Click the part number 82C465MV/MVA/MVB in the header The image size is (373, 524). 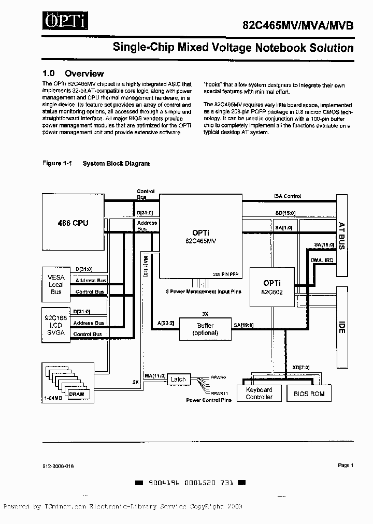(299, 25)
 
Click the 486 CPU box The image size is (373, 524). (73, 223)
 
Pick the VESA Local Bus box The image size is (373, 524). (56, 285)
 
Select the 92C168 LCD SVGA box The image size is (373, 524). (56, 325)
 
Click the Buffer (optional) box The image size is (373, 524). (205, 329)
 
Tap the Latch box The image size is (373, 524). (178, 380)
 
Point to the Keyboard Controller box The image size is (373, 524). (259, 394)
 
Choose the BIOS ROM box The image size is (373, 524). (309, 394)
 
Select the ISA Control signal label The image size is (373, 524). (288, 196)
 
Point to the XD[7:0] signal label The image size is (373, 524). (301, 367)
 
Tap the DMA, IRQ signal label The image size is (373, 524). (322, 260)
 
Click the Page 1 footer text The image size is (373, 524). (345, 465)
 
